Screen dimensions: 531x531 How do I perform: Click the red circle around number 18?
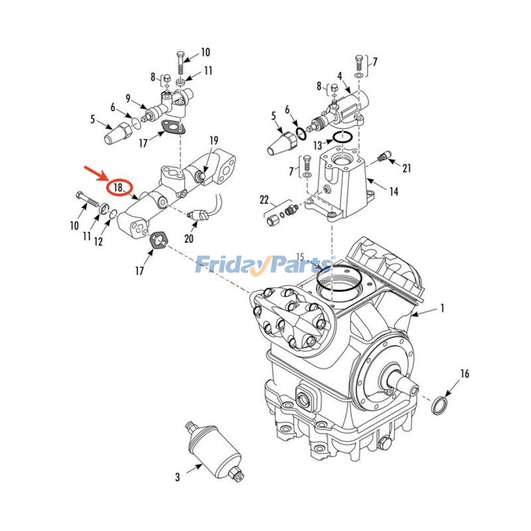coord(119,188)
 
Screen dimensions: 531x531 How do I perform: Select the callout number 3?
coord(177,477)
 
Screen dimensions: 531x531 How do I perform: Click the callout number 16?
coord(465,374)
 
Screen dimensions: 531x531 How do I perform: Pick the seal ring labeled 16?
coord(439,405)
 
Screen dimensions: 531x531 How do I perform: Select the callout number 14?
coord(394,192)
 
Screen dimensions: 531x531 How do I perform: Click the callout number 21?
coord(407,169)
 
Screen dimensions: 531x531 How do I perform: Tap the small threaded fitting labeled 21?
coord(382,157)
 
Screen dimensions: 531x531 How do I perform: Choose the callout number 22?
coord(264,200)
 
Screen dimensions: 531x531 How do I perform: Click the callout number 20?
coord(189,239)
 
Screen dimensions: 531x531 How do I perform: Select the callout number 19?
coord(214,141)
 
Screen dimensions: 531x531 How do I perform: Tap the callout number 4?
coord(339,76)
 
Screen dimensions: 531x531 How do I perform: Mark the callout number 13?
coord(318,145)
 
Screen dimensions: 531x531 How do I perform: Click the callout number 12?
coord(98,242)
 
